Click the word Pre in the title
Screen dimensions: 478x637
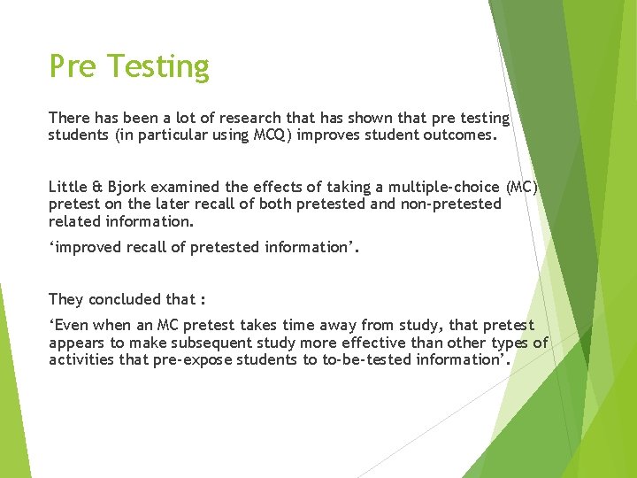tap(73, 66)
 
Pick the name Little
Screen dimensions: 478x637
tap(68, 187)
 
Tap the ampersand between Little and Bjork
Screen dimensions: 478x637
tap(96, 187)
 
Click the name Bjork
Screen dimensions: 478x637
tap(124, 187)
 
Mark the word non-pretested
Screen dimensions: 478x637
tap(452, 204)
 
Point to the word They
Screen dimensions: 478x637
tap(65, 299)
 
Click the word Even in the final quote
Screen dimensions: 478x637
tap(72, 326)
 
